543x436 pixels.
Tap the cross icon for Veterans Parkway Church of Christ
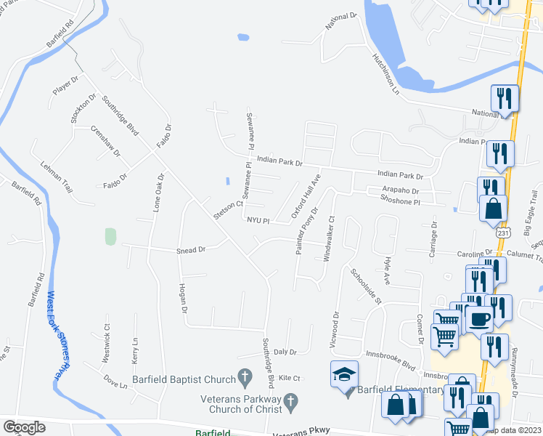point(290,400)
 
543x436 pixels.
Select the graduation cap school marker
point(344,374)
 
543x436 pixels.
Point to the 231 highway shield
point(504,235)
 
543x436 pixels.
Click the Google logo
point(24,427)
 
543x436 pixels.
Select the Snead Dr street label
point(192,250)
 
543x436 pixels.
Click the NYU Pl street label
point(258,220)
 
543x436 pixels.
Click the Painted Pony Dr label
point(307,230)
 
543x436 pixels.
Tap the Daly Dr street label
point(285,352)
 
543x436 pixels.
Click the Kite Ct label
point(289,378)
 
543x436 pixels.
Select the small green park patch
point(110,236)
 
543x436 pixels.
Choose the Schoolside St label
point(366,286)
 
